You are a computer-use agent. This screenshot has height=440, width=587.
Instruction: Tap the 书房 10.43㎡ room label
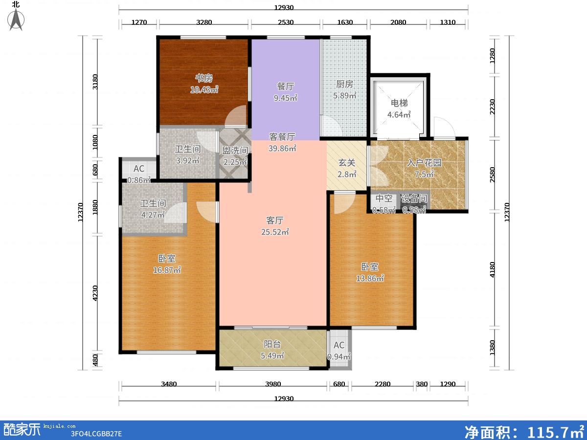204,84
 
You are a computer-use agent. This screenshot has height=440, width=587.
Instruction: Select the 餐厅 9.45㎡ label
286,92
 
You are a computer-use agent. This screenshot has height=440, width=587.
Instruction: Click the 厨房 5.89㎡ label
345,90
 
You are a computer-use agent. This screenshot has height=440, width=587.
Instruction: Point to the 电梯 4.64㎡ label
399,109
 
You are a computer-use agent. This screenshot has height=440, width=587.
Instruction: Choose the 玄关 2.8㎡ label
347,168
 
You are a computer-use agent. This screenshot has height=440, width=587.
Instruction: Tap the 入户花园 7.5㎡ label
424,168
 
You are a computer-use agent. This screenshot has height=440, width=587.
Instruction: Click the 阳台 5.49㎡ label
272,350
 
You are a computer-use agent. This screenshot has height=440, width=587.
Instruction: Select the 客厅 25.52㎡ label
275,226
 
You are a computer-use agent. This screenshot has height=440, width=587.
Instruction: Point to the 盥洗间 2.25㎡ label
235,156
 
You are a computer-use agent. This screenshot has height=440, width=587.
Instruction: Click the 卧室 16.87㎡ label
167,264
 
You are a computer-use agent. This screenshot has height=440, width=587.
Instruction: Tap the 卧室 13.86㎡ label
370,272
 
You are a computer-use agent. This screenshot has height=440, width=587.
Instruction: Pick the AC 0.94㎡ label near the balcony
339,351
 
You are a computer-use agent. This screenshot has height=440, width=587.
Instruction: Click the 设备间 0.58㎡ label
414,204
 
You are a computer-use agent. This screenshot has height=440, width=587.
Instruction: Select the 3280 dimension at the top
204,22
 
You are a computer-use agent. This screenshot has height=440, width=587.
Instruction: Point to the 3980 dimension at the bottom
273,384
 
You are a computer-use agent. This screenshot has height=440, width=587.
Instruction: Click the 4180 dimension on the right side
492,269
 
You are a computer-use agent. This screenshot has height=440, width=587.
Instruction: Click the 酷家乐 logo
22,430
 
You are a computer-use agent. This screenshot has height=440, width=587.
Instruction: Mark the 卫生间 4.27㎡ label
153,209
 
